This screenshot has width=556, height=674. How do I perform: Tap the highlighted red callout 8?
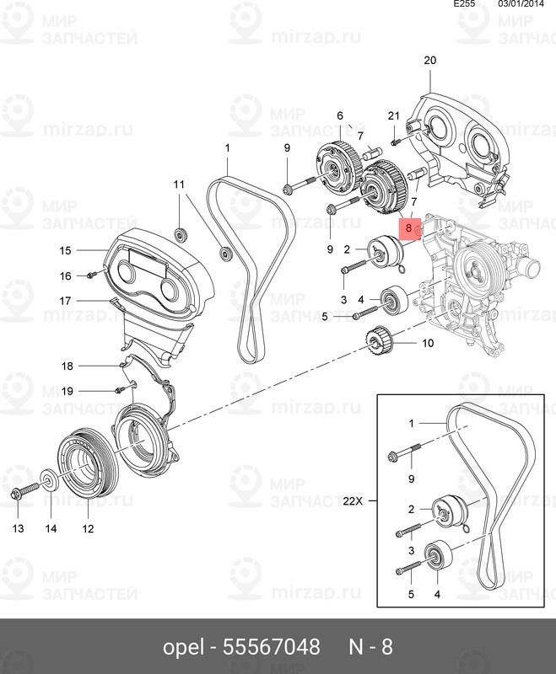(x=409, y=227)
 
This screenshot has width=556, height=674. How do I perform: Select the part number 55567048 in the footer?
(x=271, y=647)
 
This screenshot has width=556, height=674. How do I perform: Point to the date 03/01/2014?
(x=521, y=5)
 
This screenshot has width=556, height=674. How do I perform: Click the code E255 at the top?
(x=465, y=5)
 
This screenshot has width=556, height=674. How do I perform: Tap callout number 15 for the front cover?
(x=66, y=250)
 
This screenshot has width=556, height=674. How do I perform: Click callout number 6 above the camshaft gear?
(x=340, y=115)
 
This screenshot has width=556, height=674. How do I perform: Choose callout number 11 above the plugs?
(x=178, y=184)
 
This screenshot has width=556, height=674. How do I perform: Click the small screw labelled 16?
(x=92, y=275)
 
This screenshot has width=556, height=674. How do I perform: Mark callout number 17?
(x=66, y=300)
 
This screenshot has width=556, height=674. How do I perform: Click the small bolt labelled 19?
(x=120, y=389)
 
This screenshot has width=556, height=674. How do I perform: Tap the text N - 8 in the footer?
(x=371, y=647)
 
